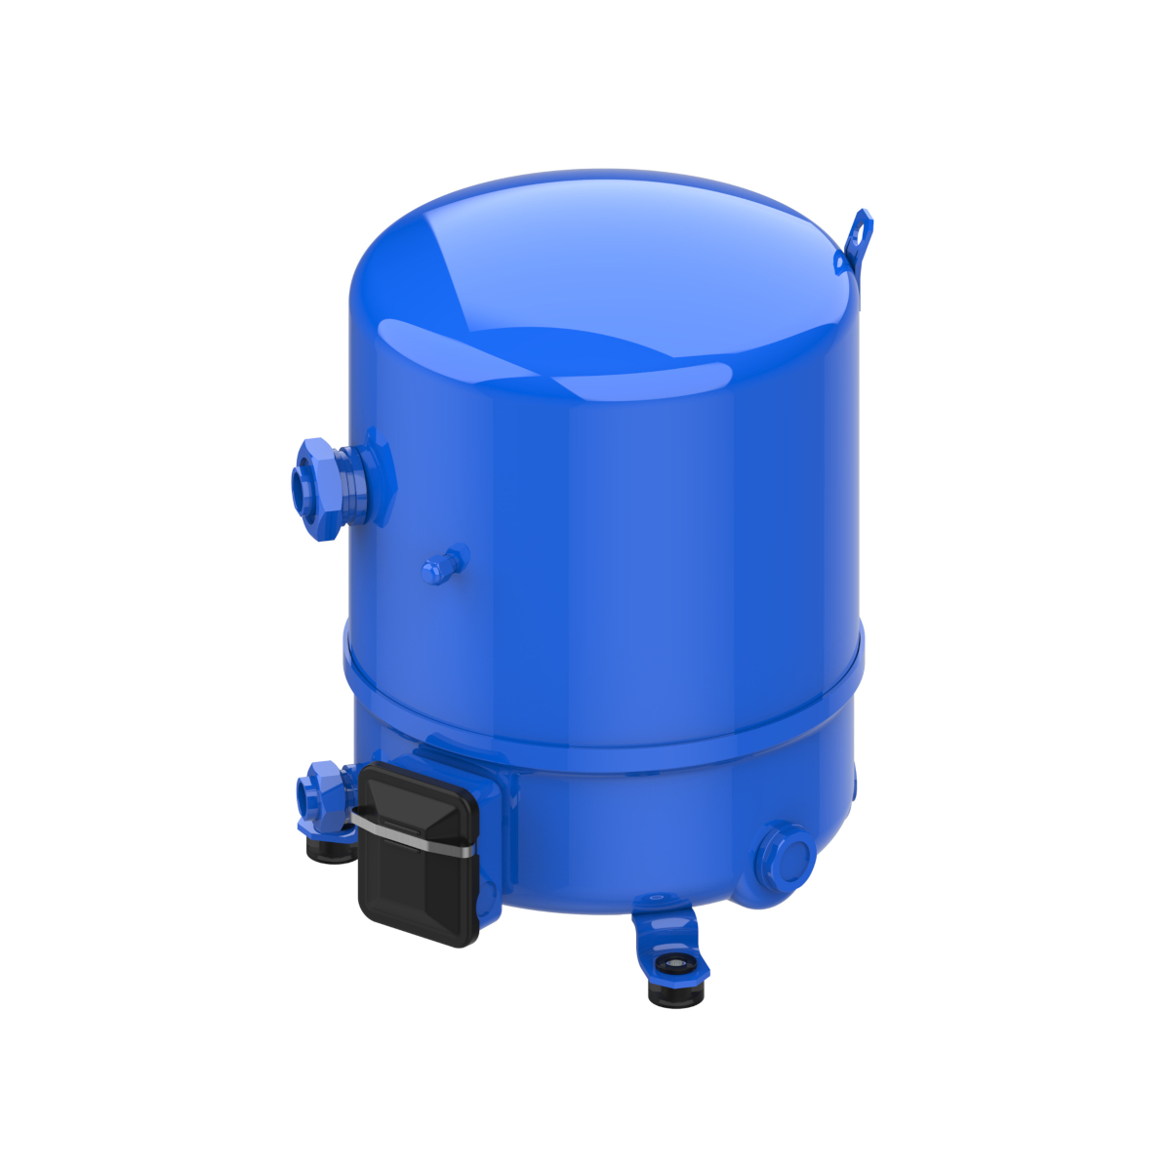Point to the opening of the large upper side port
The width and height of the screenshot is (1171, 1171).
(x=300, y=484)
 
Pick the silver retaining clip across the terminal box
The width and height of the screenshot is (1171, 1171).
(x=415, y=834)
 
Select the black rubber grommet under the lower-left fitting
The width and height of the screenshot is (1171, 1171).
(x=329, y=849)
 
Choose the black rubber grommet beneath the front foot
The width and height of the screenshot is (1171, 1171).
(x=675, y=993)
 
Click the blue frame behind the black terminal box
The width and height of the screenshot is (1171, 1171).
(x=493, y=829)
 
